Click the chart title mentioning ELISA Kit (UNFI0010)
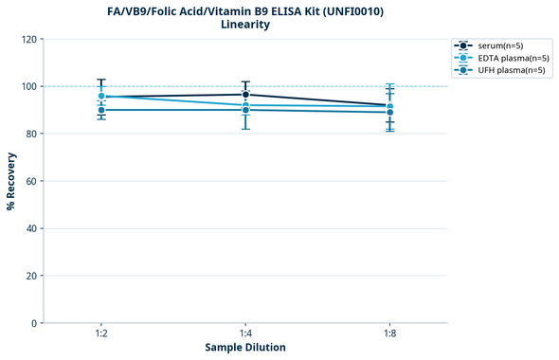245,11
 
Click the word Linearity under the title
245,25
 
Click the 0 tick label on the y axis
32,324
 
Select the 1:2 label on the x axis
101,334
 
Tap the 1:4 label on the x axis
245,334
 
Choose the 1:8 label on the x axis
389,334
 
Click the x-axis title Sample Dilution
245,348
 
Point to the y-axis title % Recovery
10,181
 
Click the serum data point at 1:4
245,95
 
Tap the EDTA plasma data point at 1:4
245,105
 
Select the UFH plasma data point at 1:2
101,110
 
